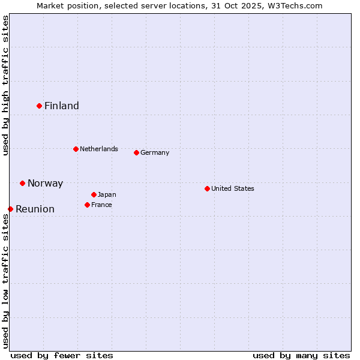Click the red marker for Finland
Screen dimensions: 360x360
coord(40,106)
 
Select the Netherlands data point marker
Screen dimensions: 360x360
coord(76,149)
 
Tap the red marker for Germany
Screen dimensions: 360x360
coord(136,152)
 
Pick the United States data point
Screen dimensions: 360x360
coord(207,188)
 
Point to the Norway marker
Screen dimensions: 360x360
coord(22,183)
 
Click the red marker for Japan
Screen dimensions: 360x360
coord(94,194)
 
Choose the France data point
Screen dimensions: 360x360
coord(87,205)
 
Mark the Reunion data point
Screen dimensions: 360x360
coord(11,209)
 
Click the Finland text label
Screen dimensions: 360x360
coord(62,106)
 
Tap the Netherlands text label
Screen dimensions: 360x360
coord(99,149)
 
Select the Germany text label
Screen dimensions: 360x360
coord(155,152)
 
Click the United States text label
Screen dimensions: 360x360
coord(233,188)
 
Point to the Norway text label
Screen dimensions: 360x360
coord(45,184)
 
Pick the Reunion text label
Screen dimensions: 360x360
coord(35,209)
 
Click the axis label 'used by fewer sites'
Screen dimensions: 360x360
coord(62,355)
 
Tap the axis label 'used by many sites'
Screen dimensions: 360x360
coord(301,355)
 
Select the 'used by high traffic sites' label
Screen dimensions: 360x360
coord(5,85)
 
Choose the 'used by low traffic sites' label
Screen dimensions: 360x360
coord(5,280)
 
